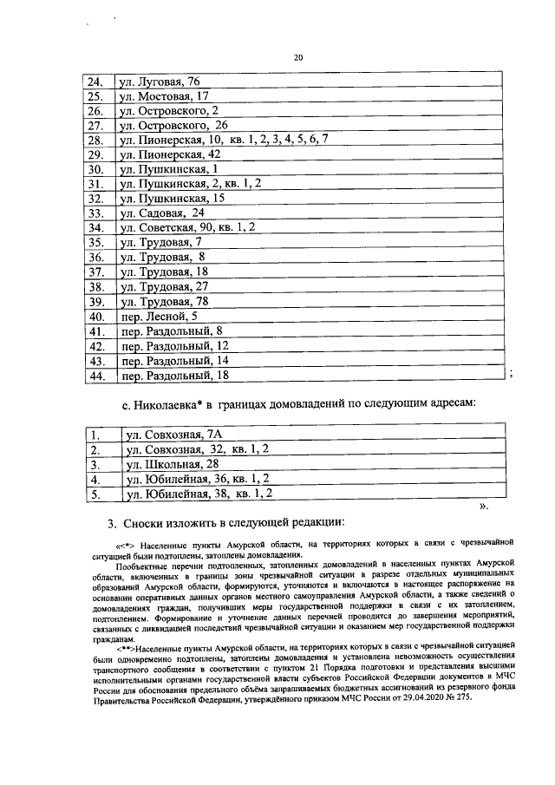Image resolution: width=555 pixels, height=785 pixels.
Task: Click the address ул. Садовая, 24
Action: point(162,214)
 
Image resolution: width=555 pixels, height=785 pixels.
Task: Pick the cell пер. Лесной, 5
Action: point(153,317)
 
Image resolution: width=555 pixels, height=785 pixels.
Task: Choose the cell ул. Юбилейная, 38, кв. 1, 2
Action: point(200,494)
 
